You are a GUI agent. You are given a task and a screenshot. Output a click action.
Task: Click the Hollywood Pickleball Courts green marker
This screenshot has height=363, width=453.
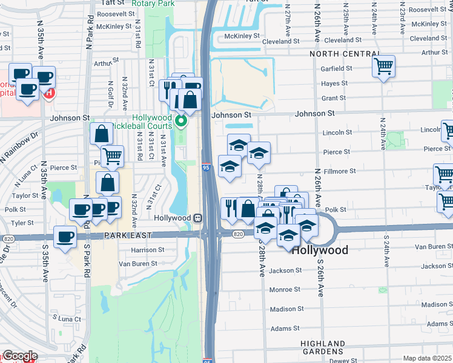(180, 123)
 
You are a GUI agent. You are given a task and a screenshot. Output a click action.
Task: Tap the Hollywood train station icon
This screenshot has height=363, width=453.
(197, 218)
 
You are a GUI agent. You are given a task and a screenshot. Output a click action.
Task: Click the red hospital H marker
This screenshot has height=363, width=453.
(50, 94)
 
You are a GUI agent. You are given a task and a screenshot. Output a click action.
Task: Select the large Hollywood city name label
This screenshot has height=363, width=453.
(320, 250)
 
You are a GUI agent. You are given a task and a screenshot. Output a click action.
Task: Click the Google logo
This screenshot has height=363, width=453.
(20, 356)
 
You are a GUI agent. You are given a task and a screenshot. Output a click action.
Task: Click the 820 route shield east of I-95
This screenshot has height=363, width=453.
(238, 234)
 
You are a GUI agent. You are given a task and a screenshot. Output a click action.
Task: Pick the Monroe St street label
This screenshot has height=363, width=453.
(281, 290)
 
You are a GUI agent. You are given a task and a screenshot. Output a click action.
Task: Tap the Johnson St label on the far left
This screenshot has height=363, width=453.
(70, 118)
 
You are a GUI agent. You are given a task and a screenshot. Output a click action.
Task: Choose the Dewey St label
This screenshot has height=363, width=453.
(345, 361)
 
